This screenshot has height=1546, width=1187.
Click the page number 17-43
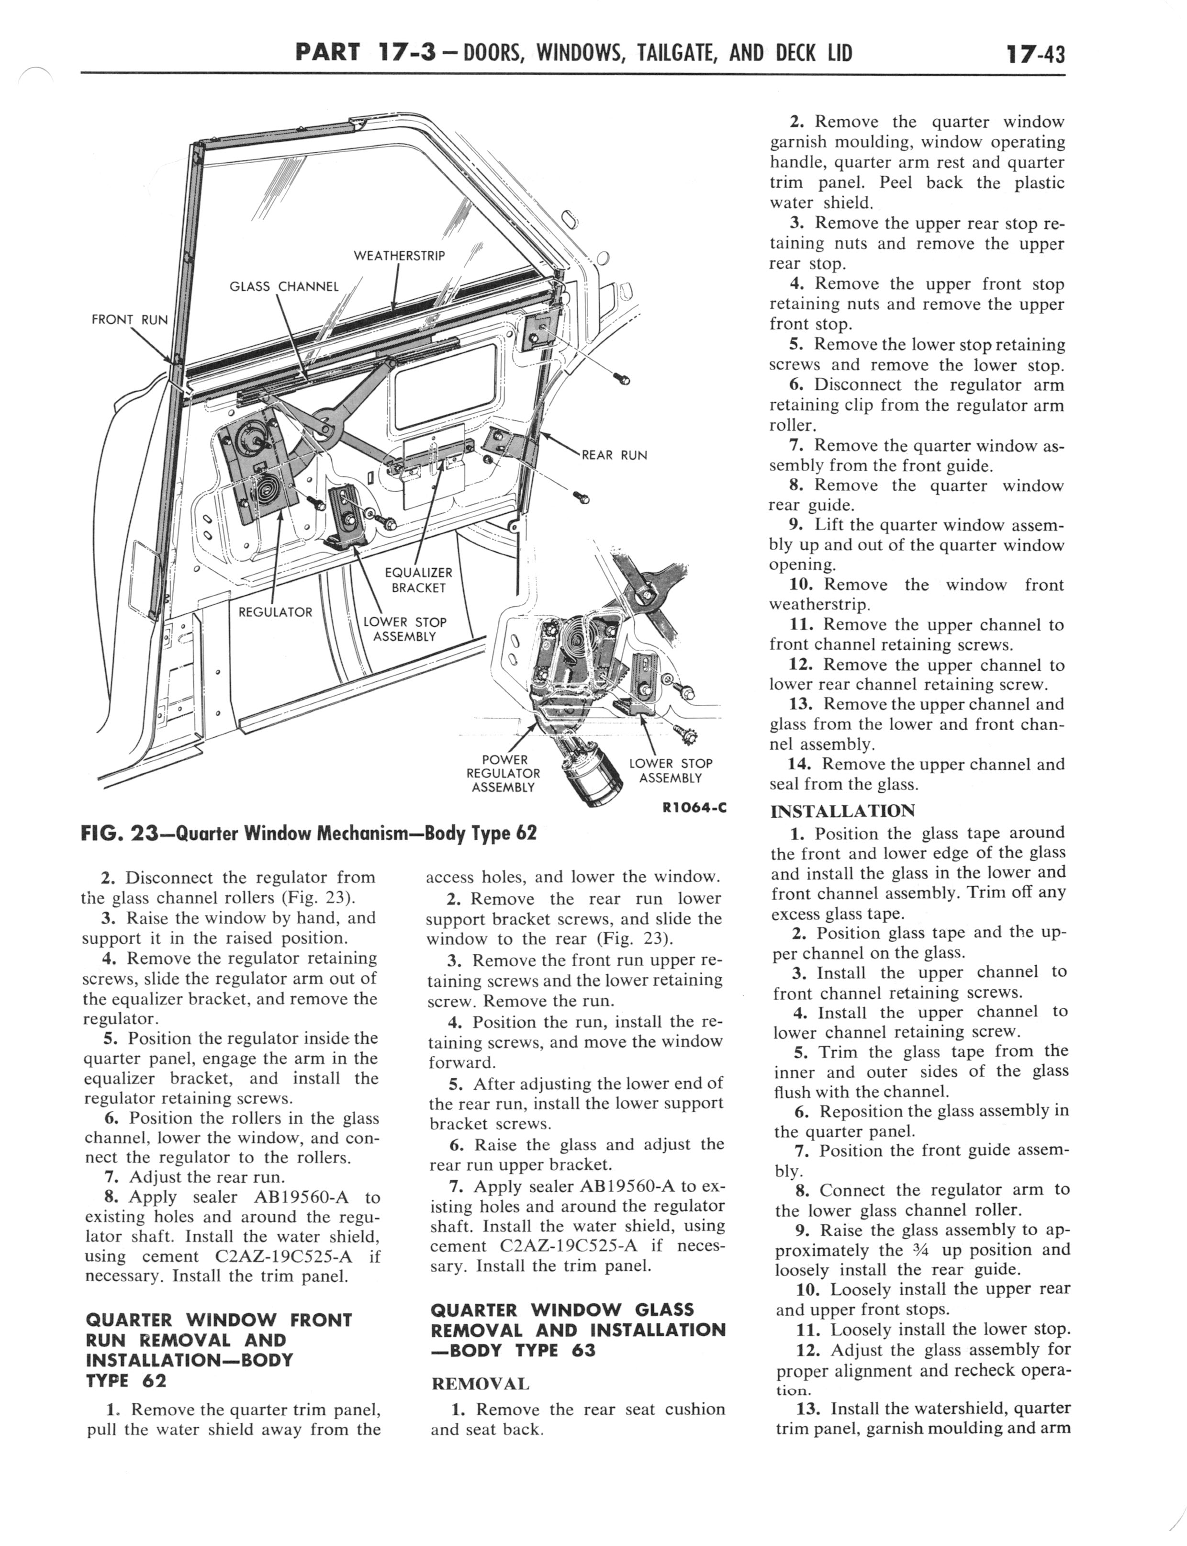[x=1031, y=53]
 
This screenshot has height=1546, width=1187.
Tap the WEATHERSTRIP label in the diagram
[x=399, y=255]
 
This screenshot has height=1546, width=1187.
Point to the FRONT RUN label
[x=129, y=319]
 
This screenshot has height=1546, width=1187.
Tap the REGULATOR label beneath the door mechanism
[x=275, y=612]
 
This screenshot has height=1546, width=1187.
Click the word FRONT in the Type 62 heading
[x=321, y=1320]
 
